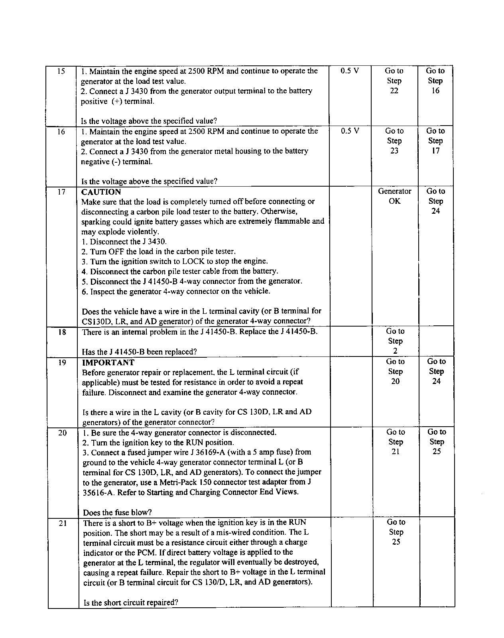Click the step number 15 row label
point(61,71)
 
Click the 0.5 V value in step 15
point(350,71)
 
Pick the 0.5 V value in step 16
point(350,131)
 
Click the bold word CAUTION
point(101,192)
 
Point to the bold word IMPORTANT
point(108,362)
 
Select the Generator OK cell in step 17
point(394,196)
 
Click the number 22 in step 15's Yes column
point(394,91)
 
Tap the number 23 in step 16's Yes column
point(394,151)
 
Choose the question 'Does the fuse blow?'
point(117,513)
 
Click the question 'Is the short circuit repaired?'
point(130,603)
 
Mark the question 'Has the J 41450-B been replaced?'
point(139,352)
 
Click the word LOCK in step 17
point(193,262)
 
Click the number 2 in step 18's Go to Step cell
point(395,351)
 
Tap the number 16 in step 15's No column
point(435,91)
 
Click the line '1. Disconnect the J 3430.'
point(124,242)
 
